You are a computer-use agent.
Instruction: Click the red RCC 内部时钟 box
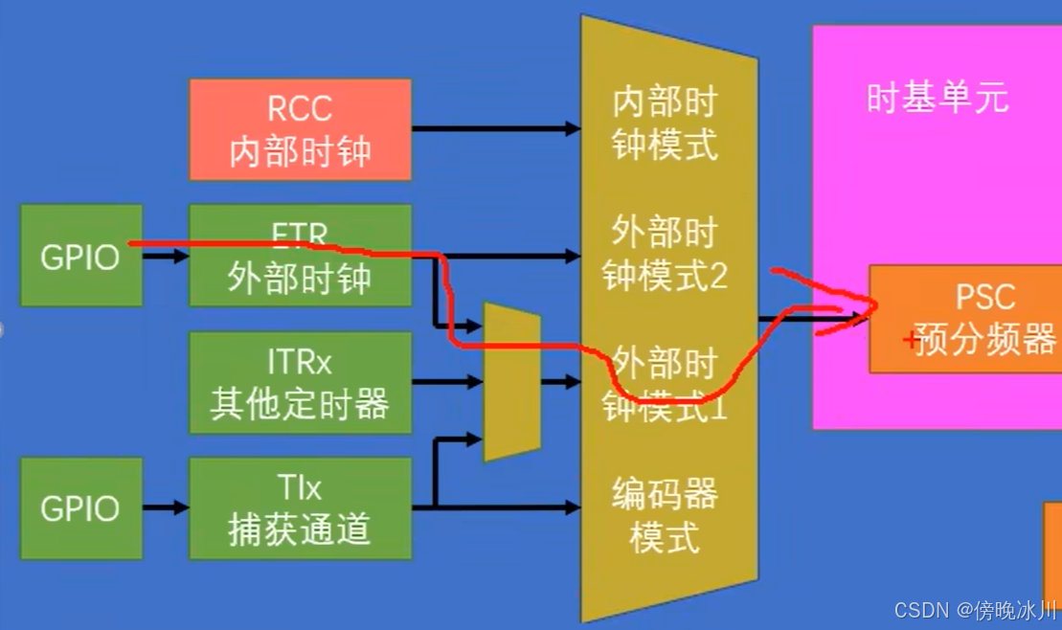pos(300,129)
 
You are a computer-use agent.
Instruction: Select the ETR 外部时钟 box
pos(300,257)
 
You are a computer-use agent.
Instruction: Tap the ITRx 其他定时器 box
pos(300,382)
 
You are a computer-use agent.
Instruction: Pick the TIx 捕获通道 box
pos(300,507)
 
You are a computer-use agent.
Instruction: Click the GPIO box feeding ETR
pos(81,256)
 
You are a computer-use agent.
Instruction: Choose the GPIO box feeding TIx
pos(81,507)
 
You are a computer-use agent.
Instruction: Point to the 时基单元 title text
pos(938,99)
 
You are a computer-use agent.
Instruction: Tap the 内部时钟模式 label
pos(665,124)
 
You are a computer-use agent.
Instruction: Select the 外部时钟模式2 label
pos(665,255)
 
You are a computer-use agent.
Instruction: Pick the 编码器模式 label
pos(665,516)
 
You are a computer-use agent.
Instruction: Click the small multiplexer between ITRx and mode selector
pos(511,381)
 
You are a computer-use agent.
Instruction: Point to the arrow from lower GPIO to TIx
pos(166,507)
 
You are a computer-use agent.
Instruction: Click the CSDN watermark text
pos(974,610)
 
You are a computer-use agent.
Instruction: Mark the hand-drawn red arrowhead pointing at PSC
pos(862,306)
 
